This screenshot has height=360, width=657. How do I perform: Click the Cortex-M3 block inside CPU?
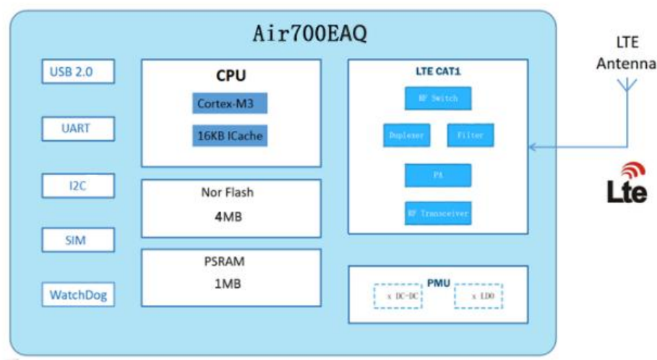pyautogui.click(x=230, y=103)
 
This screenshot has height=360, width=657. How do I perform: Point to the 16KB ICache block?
pyautogui.click(x=230, y=135)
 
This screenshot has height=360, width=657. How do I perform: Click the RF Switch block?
pyautogui.click(x=438, y=97)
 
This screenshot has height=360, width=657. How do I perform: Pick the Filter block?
pyautogui.click(x=471, y=135)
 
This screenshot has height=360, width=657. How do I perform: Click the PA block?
pyautogui.click(x=438, y=175)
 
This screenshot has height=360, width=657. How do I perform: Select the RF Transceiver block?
pyautogui.click(x=438, y=213)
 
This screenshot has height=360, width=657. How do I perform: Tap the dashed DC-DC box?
pyautogui.click(x=398, y=296)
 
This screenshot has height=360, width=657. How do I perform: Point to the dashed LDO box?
pyautogui.click(x=478, y=296)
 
